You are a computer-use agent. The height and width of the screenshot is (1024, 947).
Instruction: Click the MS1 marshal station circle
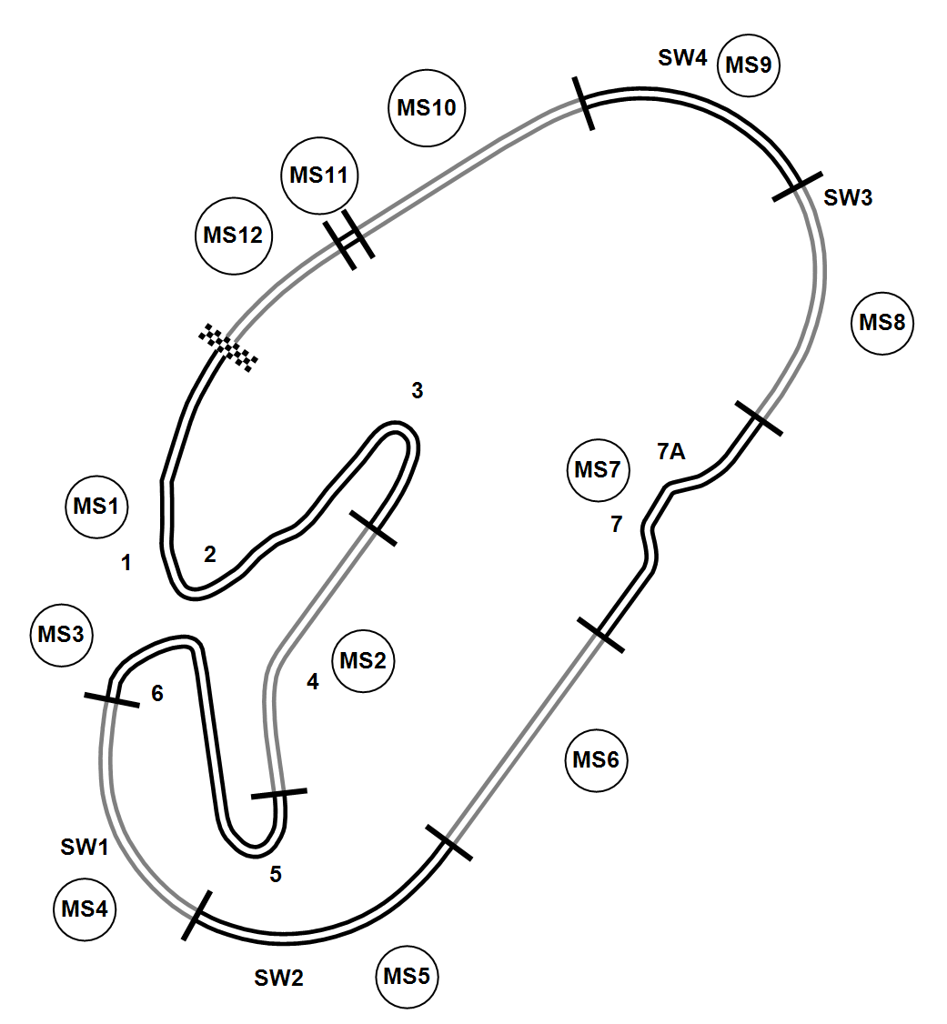[98, 507]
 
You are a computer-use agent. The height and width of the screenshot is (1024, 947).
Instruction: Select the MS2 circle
[363, 661]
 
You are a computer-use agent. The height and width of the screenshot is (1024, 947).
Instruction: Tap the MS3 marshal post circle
[62, 634]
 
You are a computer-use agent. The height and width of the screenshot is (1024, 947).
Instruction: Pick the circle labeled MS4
[85, 909]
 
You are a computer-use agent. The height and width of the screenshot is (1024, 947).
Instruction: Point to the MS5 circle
[407, 978]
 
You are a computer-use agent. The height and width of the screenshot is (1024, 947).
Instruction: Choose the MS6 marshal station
[597, 759]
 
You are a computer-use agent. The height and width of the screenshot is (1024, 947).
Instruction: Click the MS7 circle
[597, 470]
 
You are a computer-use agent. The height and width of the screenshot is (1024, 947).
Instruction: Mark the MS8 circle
[882, 323]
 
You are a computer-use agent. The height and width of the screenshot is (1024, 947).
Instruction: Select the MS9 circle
[750, 65]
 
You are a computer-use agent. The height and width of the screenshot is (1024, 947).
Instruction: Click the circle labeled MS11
[319, 176]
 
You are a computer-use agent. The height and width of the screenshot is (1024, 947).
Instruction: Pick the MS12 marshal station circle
[233, 236]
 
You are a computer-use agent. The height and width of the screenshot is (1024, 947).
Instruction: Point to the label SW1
[85, 848]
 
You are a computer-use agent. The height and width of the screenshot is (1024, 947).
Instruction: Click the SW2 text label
[278, 979]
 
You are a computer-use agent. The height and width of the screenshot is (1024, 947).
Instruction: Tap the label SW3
[848, 197]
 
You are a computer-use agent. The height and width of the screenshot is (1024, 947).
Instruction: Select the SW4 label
[682, 58]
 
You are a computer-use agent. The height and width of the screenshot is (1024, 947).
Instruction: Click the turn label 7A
[670, 451]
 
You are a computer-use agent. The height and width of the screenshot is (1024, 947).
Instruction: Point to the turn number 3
[417, 391]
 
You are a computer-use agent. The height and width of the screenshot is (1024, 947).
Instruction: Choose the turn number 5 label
[276, 875]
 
